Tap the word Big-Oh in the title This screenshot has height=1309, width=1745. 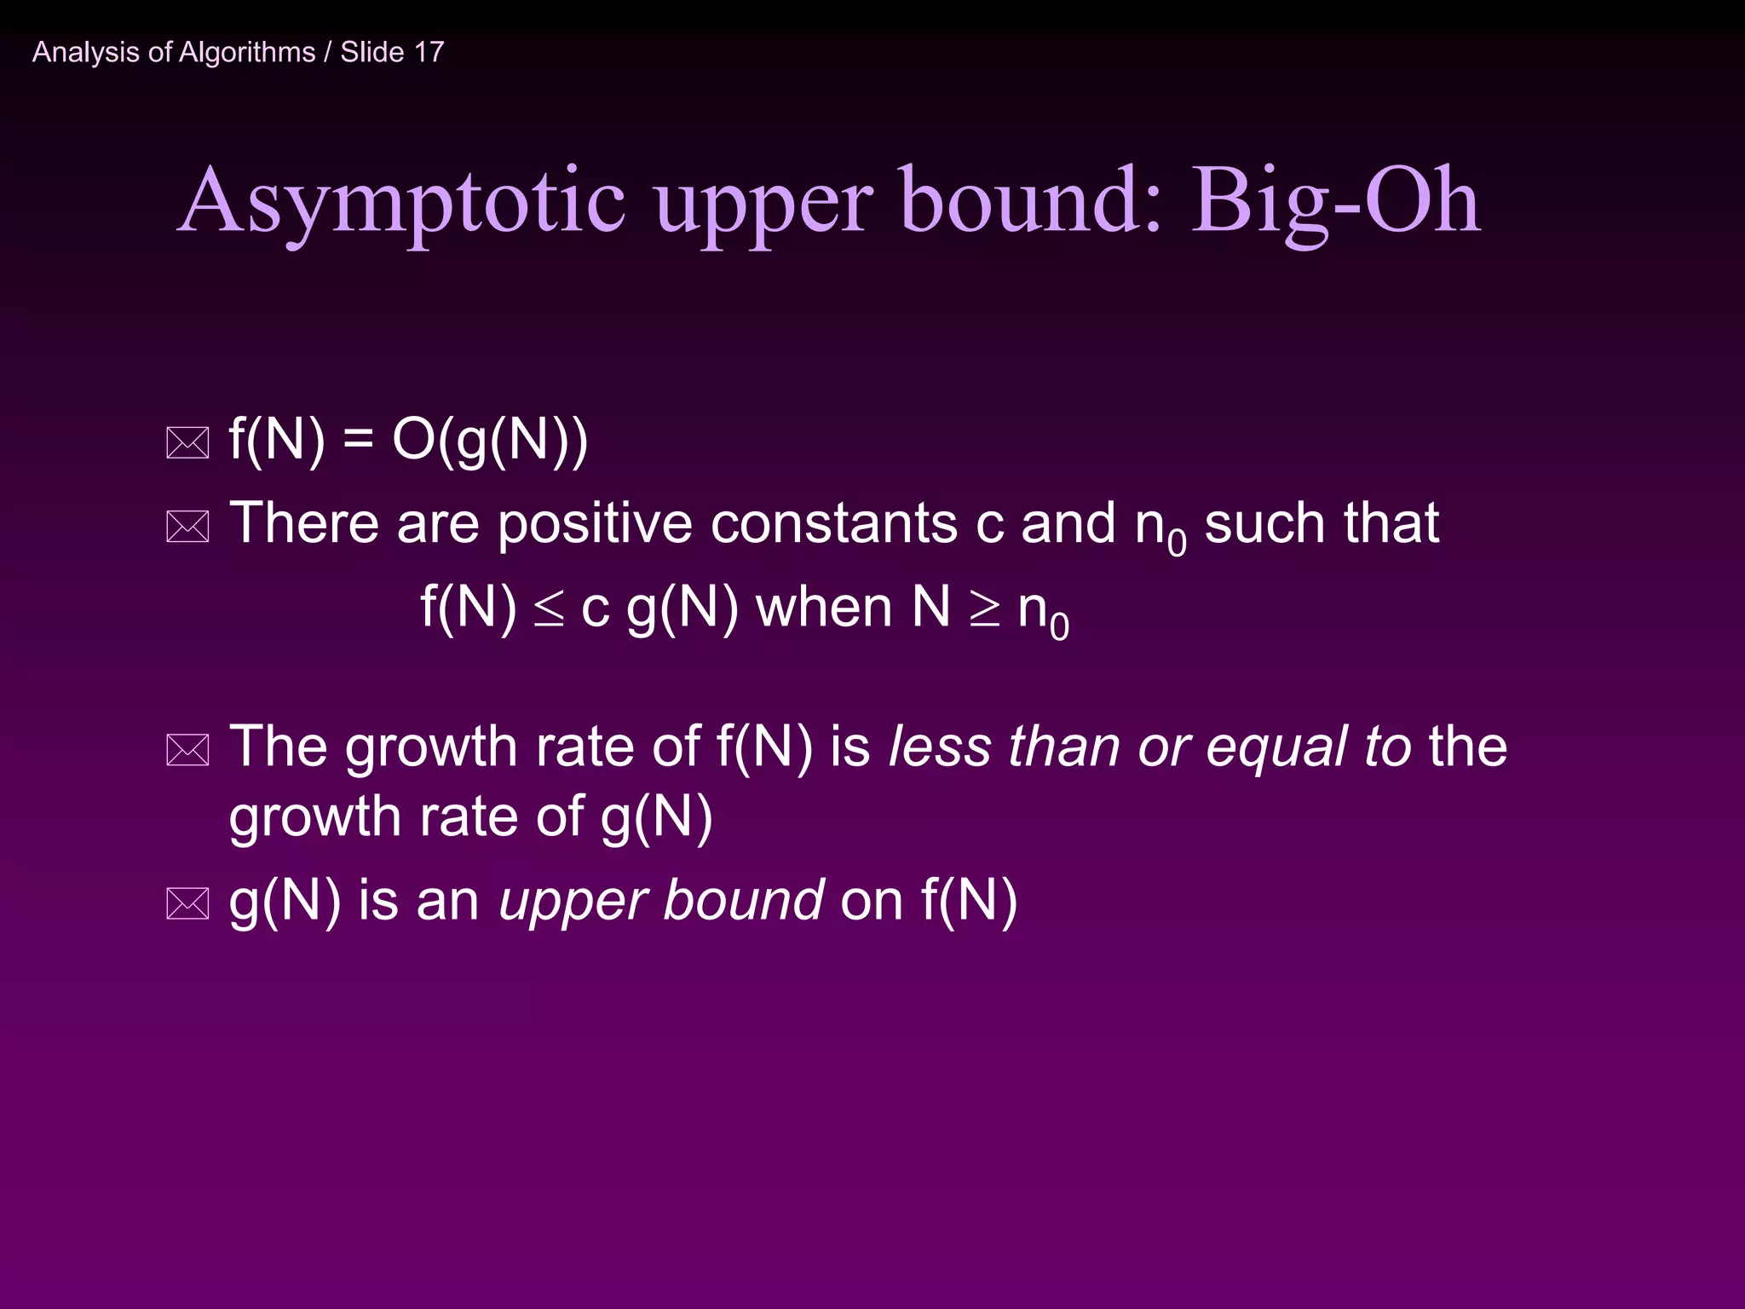(1334, 203)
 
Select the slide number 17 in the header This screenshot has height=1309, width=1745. (429, 52)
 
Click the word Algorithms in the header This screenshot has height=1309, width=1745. (246, 53)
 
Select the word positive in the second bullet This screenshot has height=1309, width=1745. (595, 523)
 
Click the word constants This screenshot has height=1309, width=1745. (834, 523)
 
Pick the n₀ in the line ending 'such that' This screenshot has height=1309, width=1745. (1160, 528)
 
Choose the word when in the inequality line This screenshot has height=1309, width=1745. (824, 608)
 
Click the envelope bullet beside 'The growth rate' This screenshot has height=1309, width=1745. (187, 750)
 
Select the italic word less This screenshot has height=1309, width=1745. (939, 747)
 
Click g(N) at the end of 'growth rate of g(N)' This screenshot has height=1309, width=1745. (656, 818)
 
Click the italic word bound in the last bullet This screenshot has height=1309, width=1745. (743, 901)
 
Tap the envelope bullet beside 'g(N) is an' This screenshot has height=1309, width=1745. (187, 903)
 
